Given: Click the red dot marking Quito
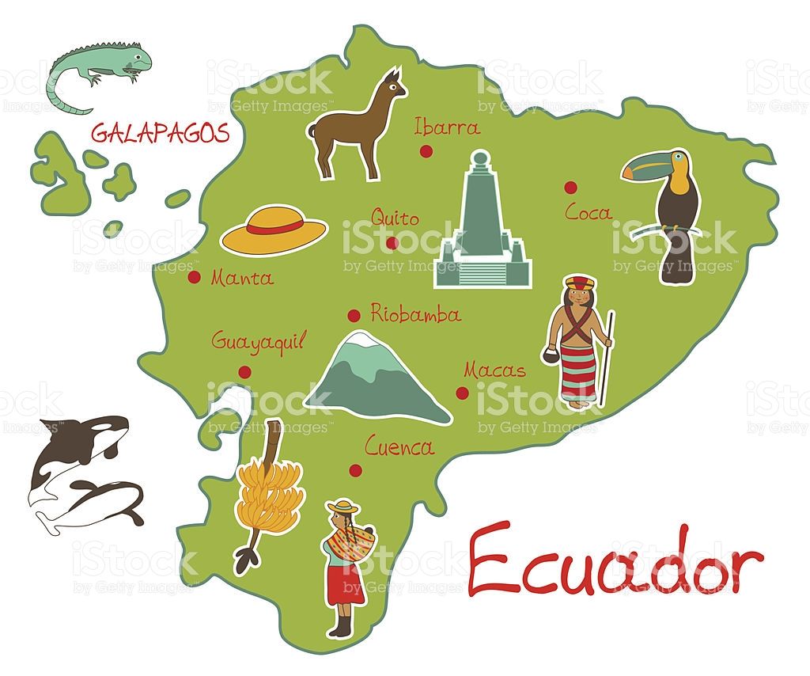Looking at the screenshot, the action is (x=392, y=242).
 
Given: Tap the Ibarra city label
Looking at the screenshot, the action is (x=447, y=127).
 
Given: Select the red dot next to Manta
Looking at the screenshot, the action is (x=194, y=277).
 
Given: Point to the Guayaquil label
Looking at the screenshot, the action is (x=258, y=342).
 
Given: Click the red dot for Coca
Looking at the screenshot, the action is (x=570, y=187).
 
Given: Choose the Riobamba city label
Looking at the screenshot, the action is (x=415, y=314).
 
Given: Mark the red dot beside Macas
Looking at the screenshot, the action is (x=462, y=393).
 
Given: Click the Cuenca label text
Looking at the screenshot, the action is (x=399, y=447).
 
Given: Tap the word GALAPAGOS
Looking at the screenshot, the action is (x=160, y=132).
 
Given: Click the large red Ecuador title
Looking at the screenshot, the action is (x=615, y=560).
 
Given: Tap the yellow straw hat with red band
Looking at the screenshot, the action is (x=274, y=229).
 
